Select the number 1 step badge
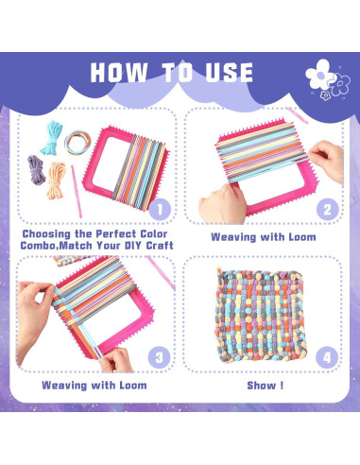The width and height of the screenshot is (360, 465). coord(162,208)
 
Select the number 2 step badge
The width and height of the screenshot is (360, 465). coord(326,208)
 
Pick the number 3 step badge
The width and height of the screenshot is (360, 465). coord(162,355)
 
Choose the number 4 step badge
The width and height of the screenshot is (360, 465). coord(326,356)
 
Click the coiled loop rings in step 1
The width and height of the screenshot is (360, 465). coord(76,142)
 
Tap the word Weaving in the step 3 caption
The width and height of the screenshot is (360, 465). coord(68,386)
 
